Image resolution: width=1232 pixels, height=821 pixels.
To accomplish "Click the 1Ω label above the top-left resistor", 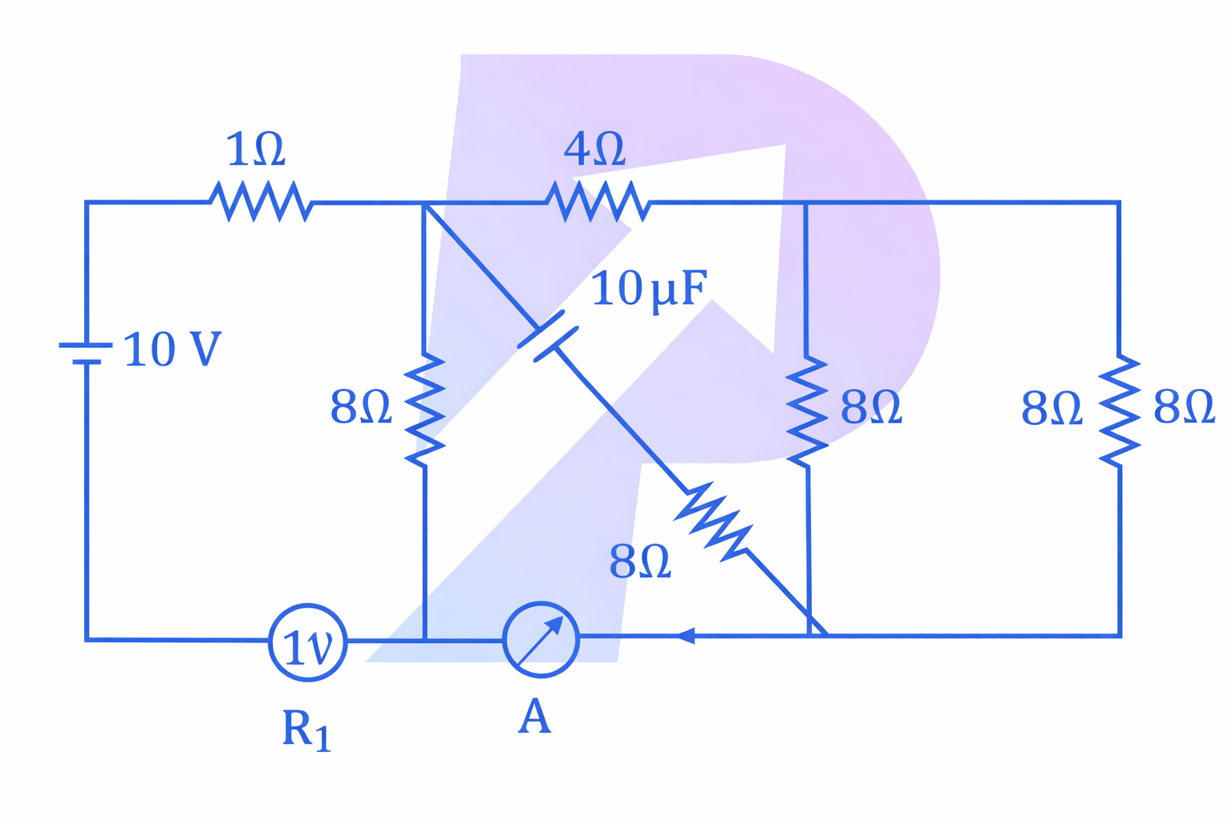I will [x=256, y=150].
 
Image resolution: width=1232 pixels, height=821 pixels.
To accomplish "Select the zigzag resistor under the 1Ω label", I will [x=261, y=201].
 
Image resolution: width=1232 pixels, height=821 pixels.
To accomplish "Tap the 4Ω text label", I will [x=594, y=148].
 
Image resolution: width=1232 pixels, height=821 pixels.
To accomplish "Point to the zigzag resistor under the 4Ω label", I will [x=598, y=201].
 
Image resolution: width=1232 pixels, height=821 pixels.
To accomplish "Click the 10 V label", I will [x=172, y=350].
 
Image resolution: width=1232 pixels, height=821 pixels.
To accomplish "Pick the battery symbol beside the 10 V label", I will [x=86, y=354].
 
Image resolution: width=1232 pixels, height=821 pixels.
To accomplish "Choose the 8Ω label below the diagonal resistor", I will [x=640, y=561].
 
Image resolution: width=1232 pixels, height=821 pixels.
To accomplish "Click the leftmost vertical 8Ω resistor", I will [x=424, y=409].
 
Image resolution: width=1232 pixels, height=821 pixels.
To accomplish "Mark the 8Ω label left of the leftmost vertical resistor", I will [x=361, y=407].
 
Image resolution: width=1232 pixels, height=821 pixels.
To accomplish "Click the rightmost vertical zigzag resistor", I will [x=1119, y=410].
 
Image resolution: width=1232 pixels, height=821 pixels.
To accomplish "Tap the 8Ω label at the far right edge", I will [x=1184, y=407].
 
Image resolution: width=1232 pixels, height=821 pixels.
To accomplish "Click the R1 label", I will [x=306, y=730].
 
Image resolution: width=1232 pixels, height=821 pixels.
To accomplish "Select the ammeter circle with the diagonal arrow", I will [x=541, y=640].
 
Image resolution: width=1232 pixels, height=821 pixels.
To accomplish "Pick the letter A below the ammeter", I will [x=535, y=717].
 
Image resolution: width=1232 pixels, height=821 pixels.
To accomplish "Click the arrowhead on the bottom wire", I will [x=684, y=636].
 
